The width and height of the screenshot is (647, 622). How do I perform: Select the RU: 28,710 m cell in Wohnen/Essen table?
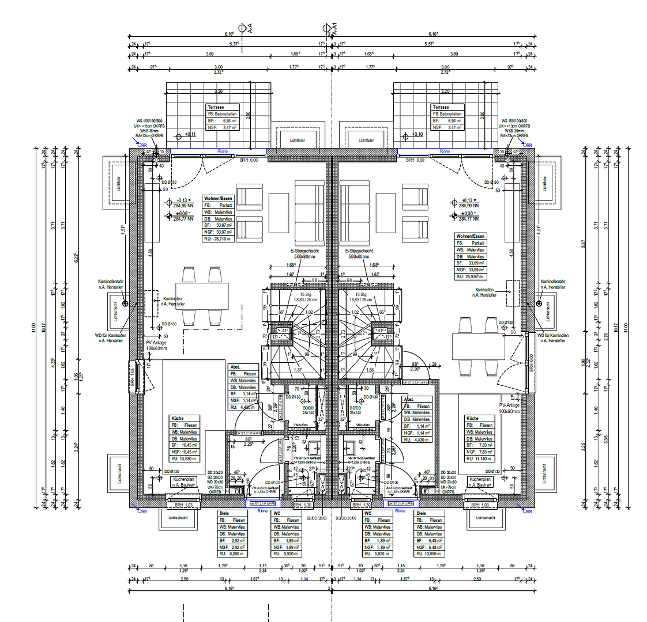point(218,238)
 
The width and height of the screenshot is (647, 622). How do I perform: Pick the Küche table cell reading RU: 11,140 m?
point(479,458)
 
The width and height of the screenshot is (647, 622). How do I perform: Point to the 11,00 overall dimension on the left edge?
point(34,327)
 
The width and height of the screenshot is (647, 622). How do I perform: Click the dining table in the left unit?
point(198,296)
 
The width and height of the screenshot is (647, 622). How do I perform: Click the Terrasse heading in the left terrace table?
point(216,107)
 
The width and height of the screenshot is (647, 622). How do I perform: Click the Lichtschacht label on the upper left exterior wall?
point(118,183)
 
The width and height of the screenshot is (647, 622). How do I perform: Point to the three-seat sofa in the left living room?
point(309,211)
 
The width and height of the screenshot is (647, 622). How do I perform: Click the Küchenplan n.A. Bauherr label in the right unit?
point(480,482)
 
